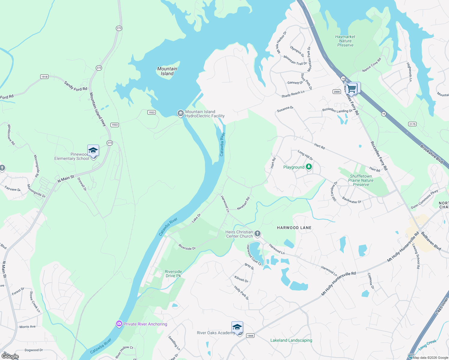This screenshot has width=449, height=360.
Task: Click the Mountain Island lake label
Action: point(167,71)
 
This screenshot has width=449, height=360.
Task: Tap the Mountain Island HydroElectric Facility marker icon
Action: point(180,113)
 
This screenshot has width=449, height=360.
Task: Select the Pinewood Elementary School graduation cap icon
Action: point(93,150)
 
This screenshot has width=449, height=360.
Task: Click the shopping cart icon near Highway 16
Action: point(351,89)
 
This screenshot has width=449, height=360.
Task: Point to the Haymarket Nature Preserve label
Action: point(345,41)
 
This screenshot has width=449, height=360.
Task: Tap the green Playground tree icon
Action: point(309,167)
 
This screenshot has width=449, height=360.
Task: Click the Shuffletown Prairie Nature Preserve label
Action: point(361,180)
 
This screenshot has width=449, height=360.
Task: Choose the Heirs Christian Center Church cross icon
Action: point(258,234)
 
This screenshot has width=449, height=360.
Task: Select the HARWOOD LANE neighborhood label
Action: point(294,228)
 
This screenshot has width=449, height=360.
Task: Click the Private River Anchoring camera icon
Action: point(119,324)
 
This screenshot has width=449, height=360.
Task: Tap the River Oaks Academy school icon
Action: point(237,327)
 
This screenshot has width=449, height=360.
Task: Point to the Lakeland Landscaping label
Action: point(291,340)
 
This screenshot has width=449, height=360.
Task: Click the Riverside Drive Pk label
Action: point(173,274)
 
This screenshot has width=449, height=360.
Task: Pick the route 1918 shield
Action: point(44,77)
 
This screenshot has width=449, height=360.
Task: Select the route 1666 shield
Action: point(250,335)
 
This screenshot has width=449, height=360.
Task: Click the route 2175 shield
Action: point(412,124)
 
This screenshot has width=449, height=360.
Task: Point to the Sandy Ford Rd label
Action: point(76,86)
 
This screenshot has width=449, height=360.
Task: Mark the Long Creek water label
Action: point(427,345)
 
